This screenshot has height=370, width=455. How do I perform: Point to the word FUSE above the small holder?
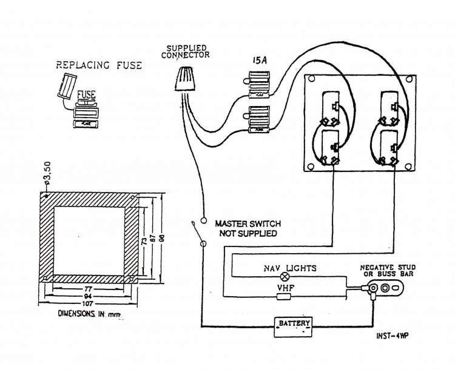(x=86, y=95)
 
